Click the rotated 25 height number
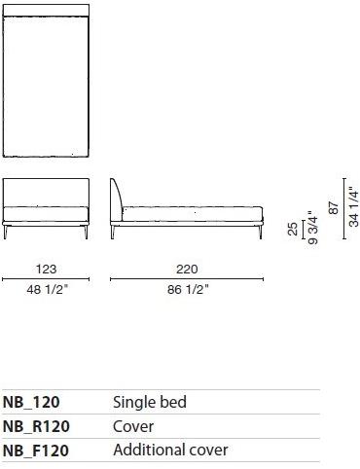[293, 229]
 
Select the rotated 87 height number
[334, 206]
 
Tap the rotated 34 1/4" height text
[353, 207]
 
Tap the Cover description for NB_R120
[133, 426]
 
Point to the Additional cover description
[170, 451]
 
